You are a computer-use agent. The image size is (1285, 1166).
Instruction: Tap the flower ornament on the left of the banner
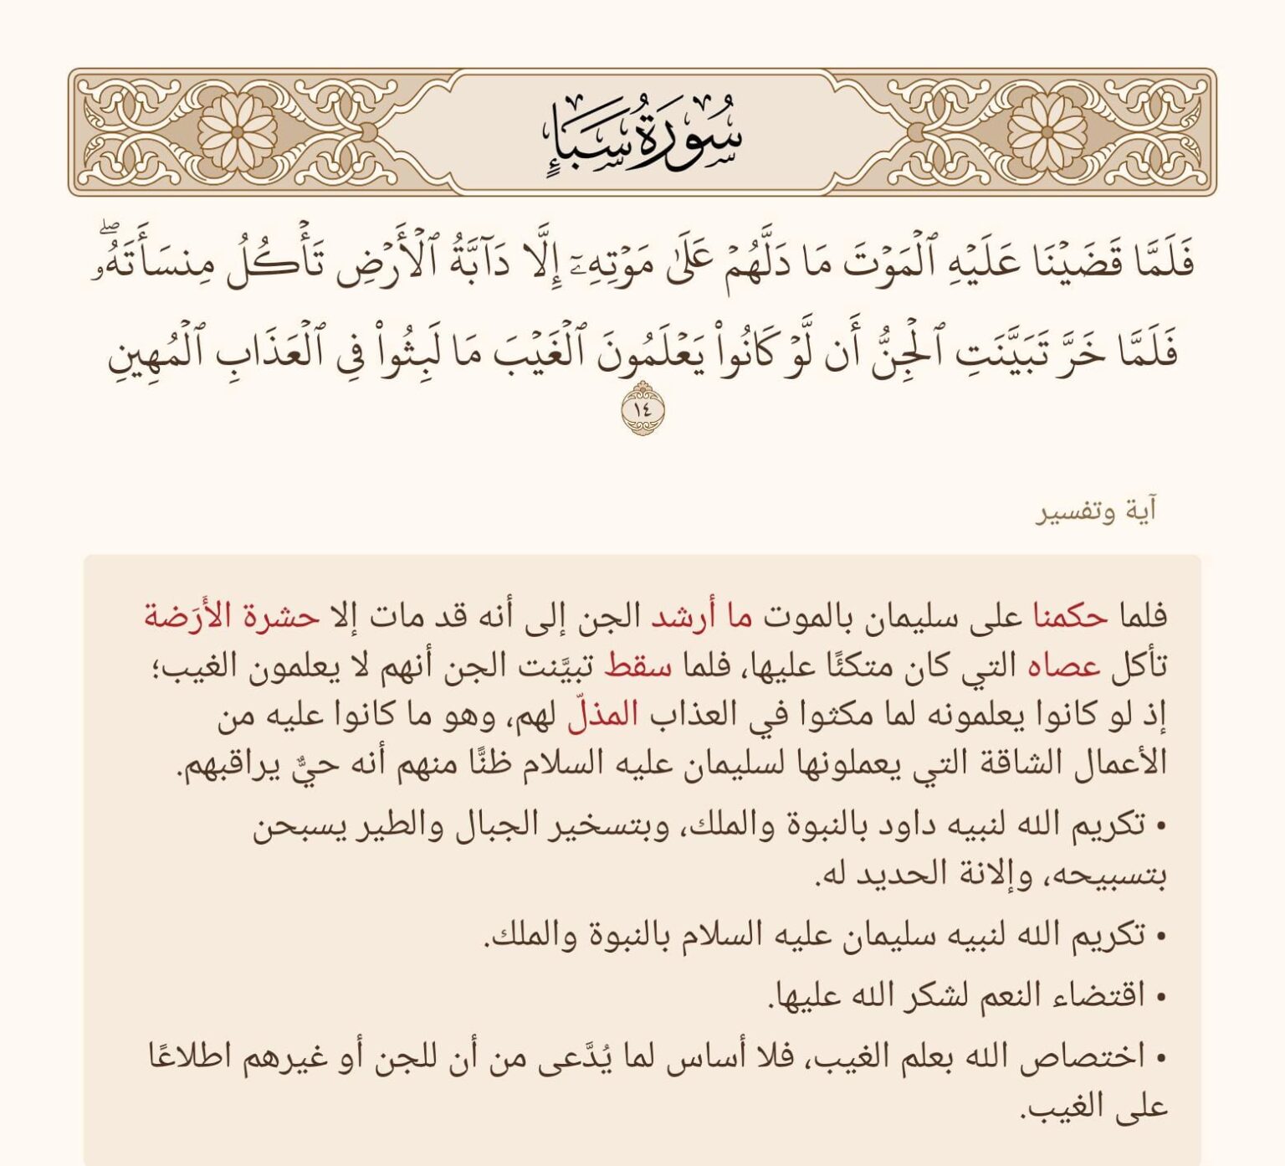238,132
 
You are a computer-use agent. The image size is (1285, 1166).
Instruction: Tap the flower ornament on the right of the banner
1047,132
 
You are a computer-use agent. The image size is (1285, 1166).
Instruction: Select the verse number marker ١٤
642,409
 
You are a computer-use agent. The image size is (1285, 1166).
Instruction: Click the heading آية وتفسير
1097,511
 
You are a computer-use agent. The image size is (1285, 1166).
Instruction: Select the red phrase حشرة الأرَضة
232,617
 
